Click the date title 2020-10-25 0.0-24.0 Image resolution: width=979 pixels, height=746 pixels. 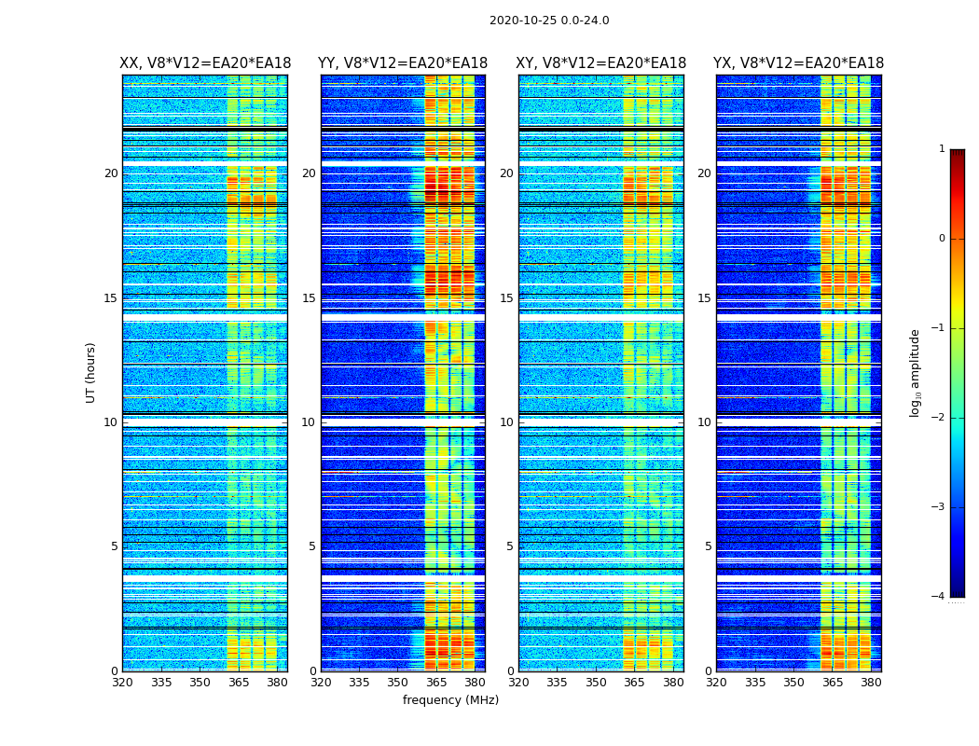tap(549, 21)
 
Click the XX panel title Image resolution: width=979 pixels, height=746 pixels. tap(205, 63)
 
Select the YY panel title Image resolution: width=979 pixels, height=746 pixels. tap(403, 63)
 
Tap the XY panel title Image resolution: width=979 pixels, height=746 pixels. tap(601, 63)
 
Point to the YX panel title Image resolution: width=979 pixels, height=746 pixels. tap(799, 63)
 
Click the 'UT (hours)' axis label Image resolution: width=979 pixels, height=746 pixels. tap(90, 372)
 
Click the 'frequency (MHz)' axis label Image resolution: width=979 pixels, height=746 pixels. tap(450, 700)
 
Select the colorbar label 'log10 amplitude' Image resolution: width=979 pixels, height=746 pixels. tap(916, 372)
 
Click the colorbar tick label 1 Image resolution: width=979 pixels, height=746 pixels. tap(941, 149)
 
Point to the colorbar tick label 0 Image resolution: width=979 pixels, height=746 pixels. tap(941, 239)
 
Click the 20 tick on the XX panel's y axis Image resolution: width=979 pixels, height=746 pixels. tap(111, 173)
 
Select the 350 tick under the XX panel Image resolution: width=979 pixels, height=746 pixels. tap(200, 683)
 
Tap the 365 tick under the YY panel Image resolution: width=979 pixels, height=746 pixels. tap(436, 683)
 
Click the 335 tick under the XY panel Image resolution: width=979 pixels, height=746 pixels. tap(557, 683)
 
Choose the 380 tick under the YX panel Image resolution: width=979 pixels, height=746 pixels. tap(871, 683)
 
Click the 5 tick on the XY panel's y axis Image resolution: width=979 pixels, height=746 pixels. tap(510, 547)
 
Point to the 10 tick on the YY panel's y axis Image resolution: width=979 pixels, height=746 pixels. tap(309, 422)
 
